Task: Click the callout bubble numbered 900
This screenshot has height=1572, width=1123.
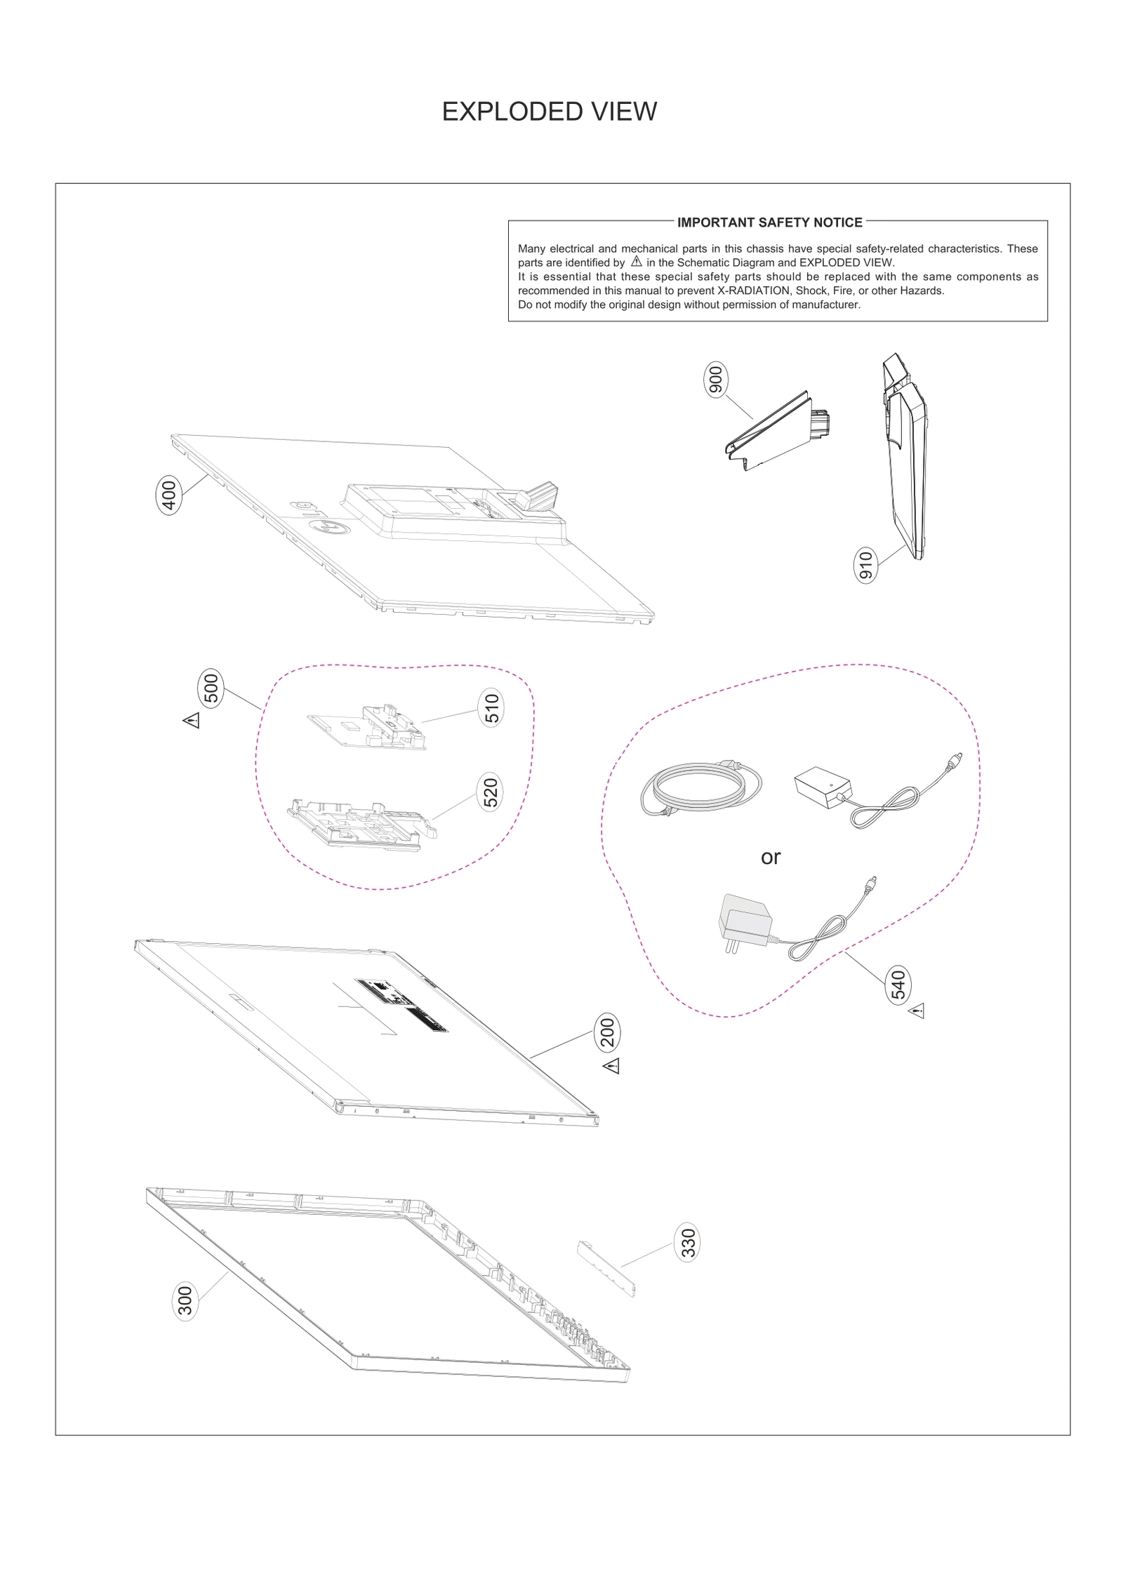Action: pyautogui.click(x=715, y=380)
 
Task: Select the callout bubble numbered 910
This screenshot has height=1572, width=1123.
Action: pyautogui.click(x=865, y=566)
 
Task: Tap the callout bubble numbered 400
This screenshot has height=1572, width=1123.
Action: pyautogui.click(x=168, y=495)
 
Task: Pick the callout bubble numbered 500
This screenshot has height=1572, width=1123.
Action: pyautogui.click(x=211, y=688)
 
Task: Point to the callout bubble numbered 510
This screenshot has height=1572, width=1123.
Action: pyautogui.click(x=492, y=708)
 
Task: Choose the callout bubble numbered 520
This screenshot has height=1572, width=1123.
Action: pyautogui.click(x=491, y=792)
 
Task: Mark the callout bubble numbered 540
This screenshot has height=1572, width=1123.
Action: pyautogui.click(x=898, y=985)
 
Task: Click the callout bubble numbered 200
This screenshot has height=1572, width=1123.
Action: pyautogui.click(x=607, y=1032)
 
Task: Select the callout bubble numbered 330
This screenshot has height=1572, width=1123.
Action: pyautogui.click(x=688, y=1243)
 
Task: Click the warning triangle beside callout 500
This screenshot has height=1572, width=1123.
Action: pyautogui.click(x=192, y=720)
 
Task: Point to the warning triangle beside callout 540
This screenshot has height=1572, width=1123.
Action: pyautogui.click(x=917, y=1011)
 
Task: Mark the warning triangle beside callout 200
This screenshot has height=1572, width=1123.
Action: pyautogui.click(x=611, y=1066)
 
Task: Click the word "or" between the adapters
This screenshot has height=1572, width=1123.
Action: pyautogui.click(x=771, y=858)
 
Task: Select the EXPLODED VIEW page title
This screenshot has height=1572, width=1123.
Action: pyautogui.click(x=549, y=112)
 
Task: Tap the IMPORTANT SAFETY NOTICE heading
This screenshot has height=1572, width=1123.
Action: pyautogui.click(x=769, y=222)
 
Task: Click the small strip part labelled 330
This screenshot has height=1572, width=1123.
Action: pyautogui.click(x=606, y=1268)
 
